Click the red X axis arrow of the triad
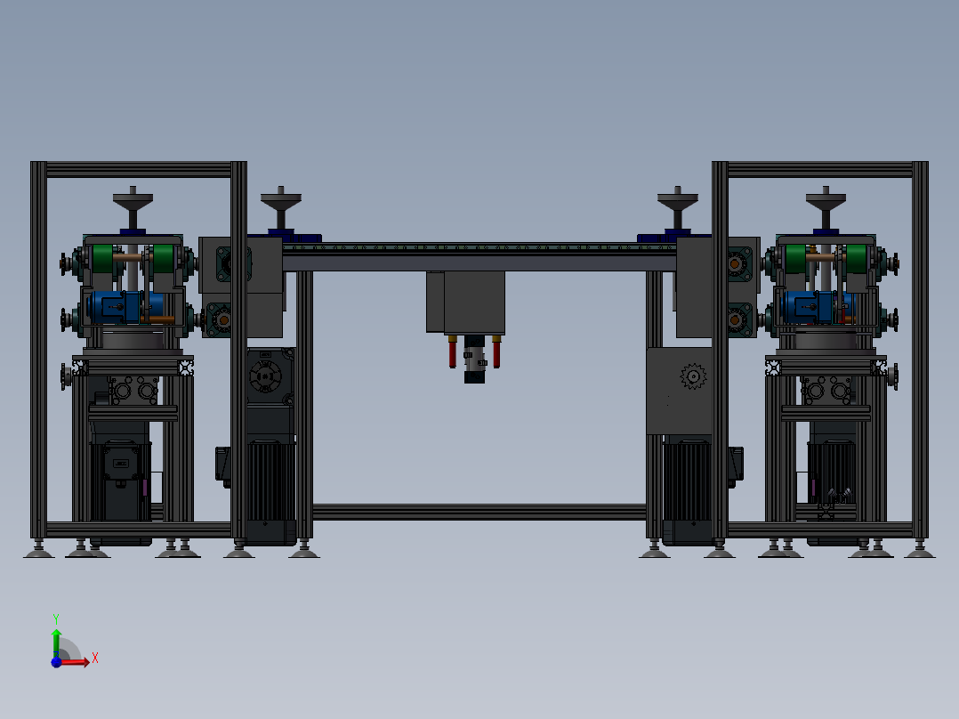coord(78,661)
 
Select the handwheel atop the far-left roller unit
coord(133,198)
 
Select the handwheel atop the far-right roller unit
coord(826,198)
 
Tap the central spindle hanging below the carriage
coord(473,360)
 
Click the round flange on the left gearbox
coord(264,378)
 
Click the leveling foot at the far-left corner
coord(37,552)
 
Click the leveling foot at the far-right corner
coord(920,552)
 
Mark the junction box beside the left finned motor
coord(224,465)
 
